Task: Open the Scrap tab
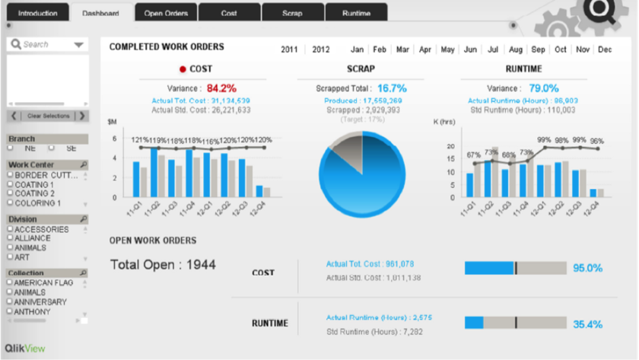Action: click(292, 13)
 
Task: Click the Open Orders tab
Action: click(166, 13)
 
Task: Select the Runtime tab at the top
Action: click(356, 13)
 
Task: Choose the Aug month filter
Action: click(516, 49)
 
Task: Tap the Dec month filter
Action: click(605, 49)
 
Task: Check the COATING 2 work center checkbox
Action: click(11, 194)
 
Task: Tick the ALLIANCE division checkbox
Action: click(11, 238)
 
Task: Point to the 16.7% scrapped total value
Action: click(392, 88)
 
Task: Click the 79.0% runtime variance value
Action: click(544, 88)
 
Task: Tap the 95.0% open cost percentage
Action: click(587, 268)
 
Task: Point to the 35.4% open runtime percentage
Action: click(587, 324)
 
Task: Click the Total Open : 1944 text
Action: click(164, 265)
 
